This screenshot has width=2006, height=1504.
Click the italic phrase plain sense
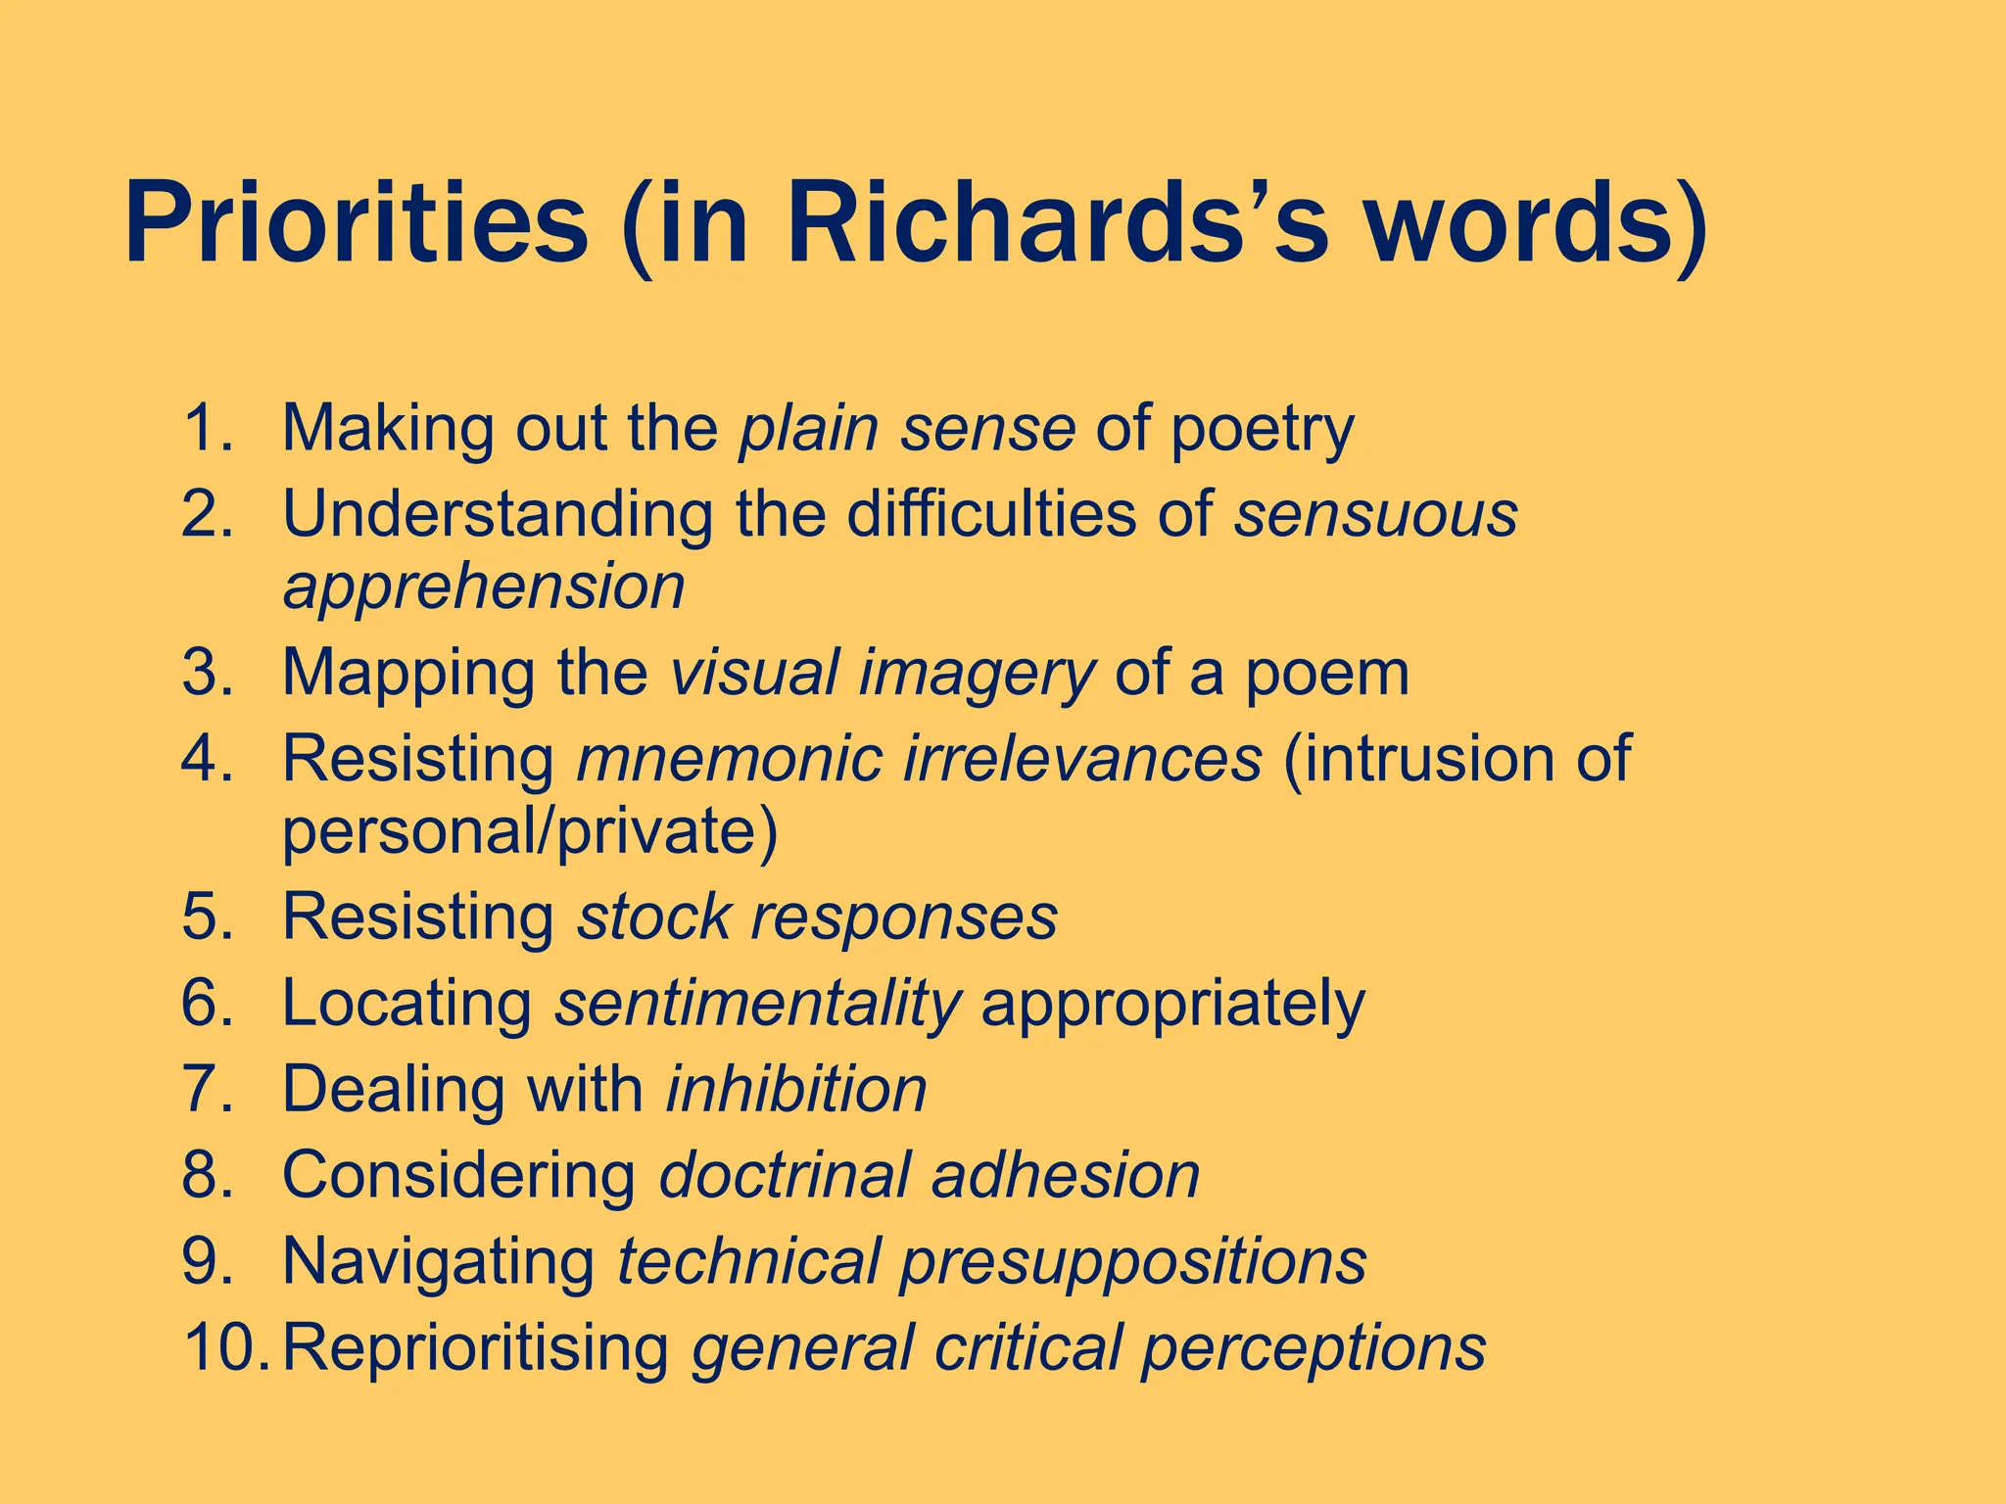pyautogui.click(x=906, y=428)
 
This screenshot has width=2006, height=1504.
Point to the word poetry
pyautogui.click(x=1263, y=431)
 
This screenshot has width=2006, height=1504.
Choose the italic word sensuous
pyautogui.click(x=1375, y=513)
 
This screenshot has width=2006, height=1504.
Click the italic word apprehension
pyautogui.click(x=484, y=587)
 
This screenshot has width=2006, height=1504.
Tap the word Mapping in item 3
pyautogui.click(x=408, y=675)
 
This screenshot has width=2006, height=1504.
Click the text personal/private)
pyautogui.click(x=530, y=832)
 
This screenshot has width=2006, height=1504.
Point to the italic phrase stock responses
pyautogui.click(x=817, y=917)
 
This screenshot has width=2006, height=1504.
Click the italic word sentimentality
pyautogui.click(x=757, y=1004)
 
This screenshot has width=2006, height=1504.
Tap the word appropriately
pyautogui.click(x=1172, y=1006)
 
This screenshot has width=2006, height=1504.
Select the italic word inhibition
pyautogui.click(x=795, y=1089)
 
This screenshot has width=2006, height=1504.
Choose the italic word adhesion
pyautogui.click(x=1066, y=1174)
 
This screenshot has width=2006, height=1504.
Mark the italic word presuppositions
pyautogui.click(x=1133, y=1262)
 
